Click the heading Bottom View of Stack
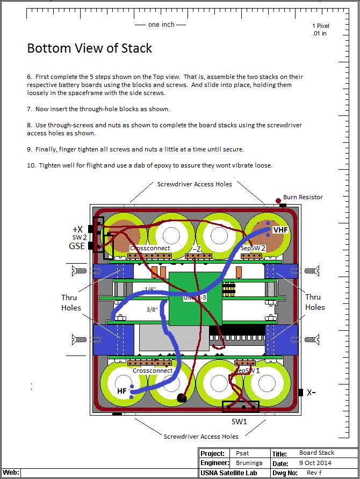click(90, 48)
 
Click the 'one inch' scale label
click(161, 25)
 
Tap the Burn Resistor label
click(303, 197)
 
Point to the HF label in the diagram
click(123, 391)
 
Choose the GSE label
click(77, 246)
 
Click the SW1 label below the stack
click(240, 422)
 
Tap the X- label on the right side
click(311, 393)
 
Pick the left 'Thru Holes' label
click(71, 302)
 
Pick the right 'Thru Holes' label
click(315, 302)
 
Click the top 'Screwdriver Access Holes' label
click(195, 184)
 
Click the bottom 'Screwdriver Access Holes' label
click(201, 437)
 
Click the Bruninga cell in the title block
click(247, 463)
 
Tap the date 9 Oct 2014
click(315, 463)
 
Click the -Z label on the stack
click(197, 249)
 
